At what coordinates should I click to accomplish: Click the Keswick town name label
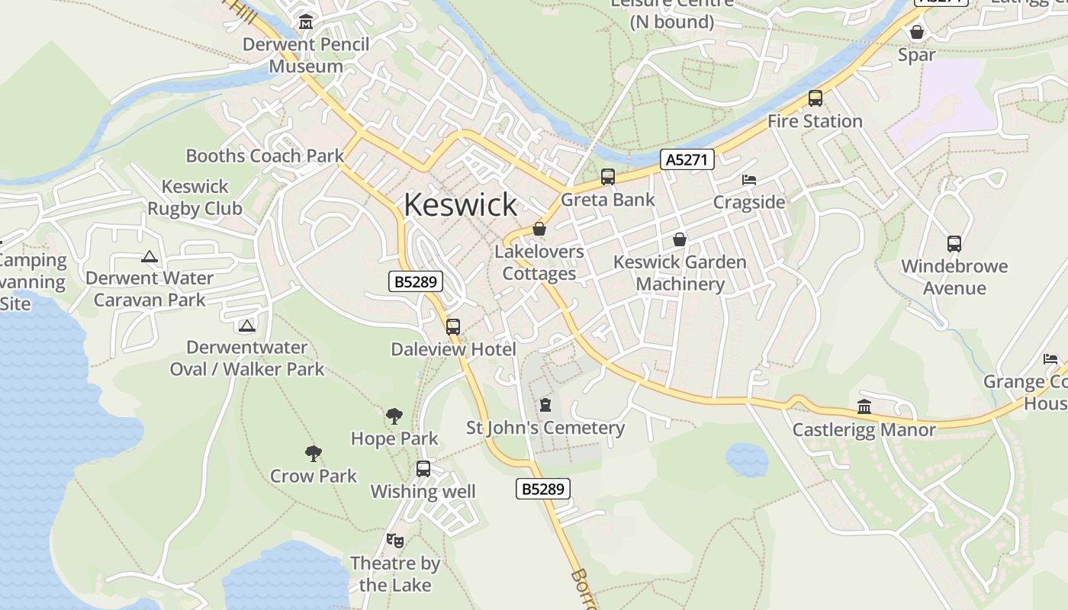click(x=460, y=204)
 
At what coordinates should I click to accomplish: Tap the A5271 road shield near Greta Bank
click(x=687, y=159)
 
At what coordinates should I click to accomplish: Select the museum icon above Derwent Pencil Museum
click(x=306, y=21)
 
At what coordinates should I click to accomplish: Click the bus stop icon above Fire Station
click(x=815, y=98)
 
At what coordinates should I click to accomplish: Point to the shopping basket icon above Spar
click(x=916, y=32)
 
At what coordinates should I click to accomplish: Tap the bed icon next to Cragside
click(x=749, y=180)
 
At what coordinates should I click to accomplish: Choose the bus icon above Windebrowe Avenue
click(x=954, y=244)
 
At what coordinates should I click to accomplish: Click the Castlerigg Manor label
click(x=864, y=429)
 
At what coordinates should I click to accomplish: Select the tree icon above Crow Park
click(x=313, y=454)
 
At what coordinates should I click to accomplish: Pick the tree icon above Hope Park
click(x=394, y=416)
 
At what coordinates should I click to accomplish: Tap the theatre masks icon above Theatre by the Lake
click(x=394, y=541)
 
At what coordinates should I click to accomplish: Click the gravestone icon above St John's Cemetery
click(x=545, y=404)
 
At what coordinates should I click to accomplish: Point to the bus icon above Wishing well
click(x=423, y=469)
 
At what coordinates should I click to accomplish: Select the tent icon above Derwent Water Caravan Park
click(x=149, y=256)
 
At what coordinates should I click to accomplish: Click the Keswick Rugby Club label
click(x=195, y=197)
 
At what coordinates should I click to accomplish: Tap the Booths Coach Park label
click(x=265, y=156)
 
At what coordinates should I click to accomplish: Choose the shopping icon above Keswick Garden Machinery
click(x=680, y=239)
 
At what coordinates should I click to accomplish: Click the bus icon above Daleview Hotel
click(x=453, y=327)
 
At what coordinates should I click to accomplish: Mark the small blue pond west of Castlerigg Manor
click(x=746, y=458)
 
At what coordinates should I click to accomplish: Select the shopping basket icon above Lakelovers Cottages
click(x=539, y=229)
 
